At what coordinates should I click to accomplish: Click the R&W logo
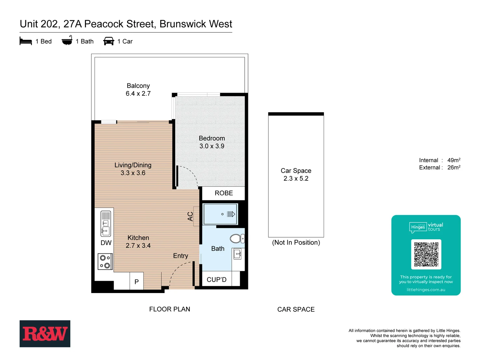pos(45,334)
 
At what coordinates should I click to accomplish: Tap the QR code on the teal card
pos(426,254)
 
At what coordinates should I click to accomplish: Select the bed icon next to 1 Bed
pos(26,41)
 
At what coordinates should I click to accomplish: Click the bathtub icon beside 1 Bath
pos(67,41)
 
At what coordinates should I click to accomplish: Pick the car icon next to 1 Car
pos(109,41)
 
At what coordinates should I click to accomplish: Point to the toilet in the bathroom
pos(237,238)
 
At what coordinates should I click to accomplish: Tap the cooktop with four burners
pos(105,261)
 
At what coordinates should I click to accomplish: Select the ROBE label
pos(224,193)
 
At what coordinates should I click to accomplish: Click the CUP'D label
pos(217,280)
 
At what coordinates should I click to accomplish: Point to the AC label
pos(190,217)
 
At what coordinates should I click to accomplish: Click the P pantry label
pos(137,282)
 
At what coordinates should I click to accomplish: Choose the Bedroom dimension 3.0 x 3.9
pos(212,146)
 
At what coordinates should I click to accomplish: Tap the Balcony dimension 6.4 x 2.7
pos(138,94)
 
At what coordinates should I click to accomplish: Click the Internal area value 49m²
pos(454,160)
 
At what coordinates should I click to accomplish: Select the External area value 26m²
pos(454,168)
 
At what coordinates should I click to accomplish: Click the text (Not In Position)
pos(296,243)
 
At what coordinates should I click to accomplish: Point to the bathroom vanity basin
pos(237,254)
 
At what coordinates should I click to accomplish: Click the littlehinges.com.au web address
pos(426,290)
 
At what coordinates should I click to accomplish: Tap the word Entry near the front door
pos(180,256)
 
